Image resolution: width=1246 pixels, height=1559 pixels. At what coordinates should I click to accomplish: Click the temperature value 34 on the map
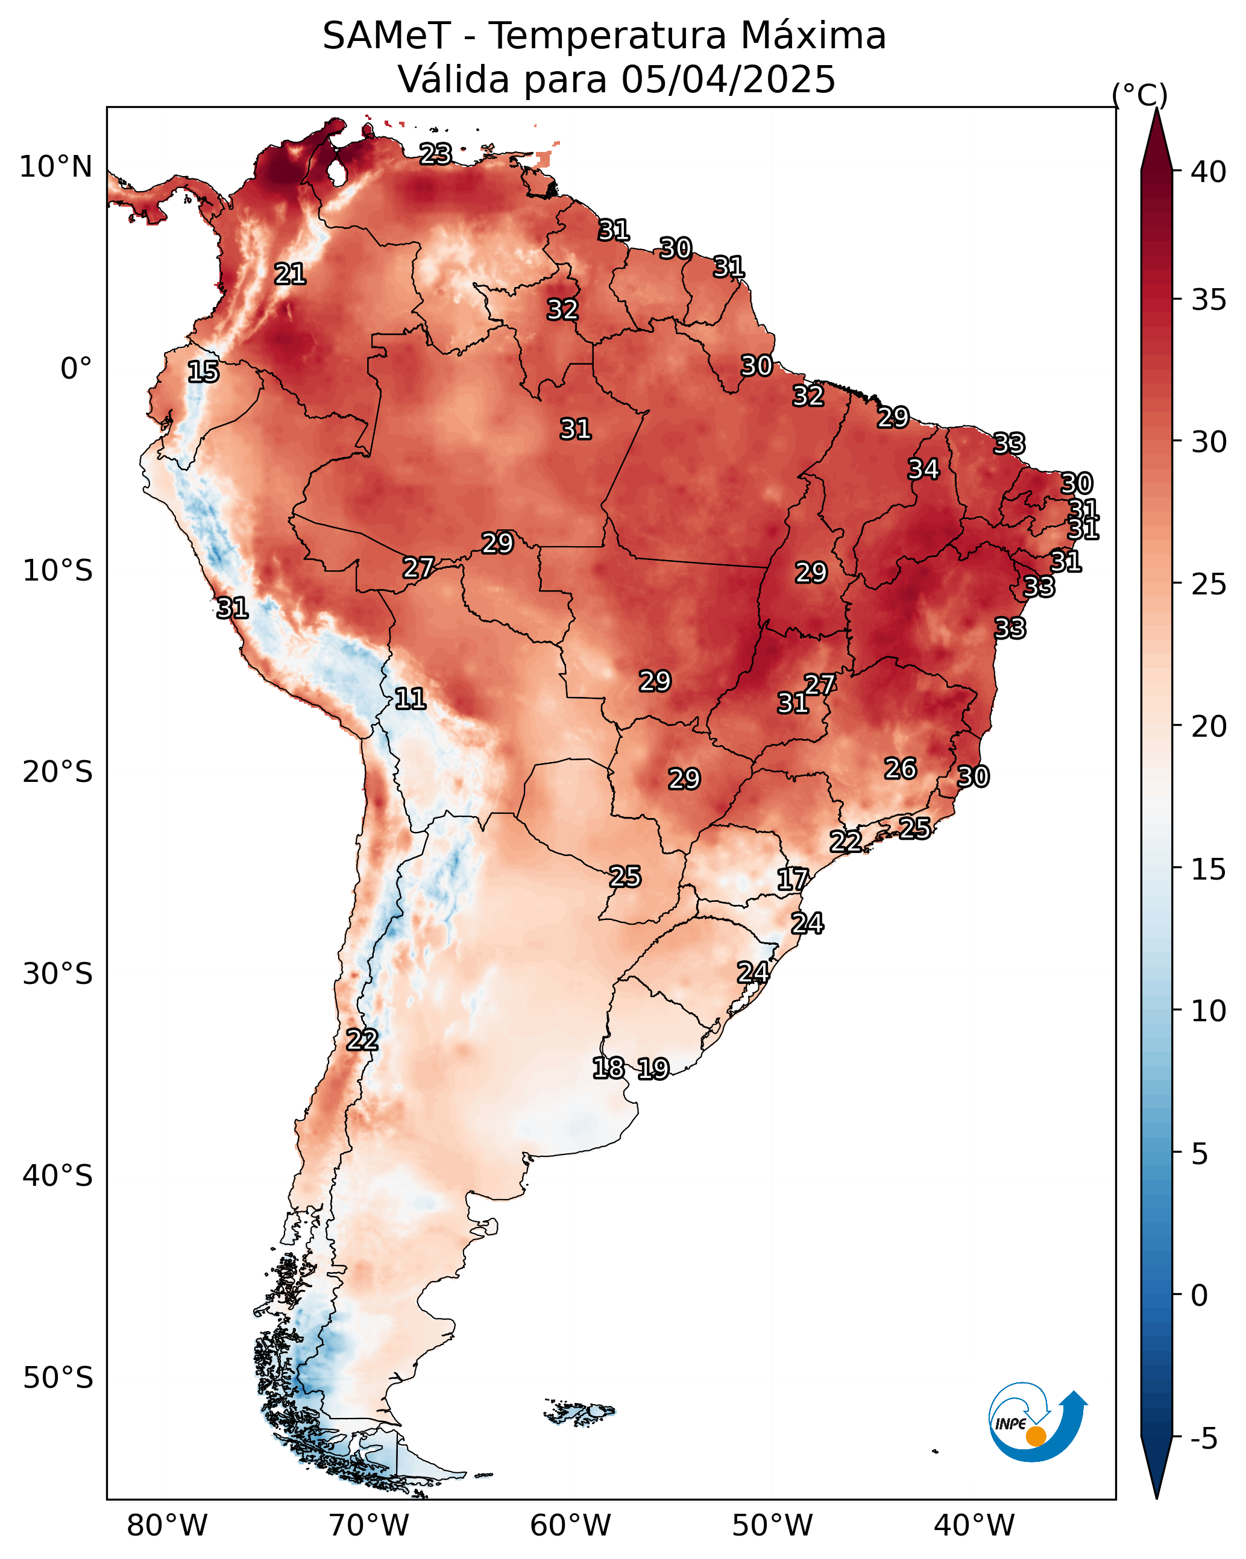click(923, 469)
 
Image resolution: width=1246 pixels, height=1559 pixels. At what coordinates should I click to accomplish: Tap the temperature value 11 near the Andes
click(410, 699)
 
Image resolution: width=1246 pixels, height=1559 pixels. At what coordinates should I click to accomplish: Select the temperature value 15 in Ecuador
click(203, 372)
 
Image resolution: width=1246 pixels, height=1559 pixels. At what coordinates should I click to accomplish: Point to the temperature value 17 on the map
click(793, 880)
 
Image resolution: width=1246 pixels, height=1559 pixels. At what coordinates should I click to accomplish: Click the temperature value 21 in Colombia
click(290, 274)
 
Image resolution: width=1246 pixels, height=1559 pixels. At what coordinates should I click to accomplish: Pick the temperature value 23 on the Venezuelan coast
click(436, 153)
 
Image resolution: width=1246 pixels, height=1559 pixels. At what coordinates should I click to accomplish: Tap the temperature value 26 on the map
click(901, 769)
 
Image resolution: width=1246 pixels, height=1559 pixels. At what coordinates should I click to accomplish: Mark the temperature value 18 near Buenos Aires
click(608, 1068)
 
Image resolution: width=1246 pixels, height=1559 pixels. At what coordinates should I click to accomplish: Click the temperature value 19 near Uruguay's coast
click(653, 1069)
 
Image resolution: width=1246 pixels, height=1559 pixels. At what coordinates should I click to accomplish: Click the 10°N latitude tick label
click(55, 167)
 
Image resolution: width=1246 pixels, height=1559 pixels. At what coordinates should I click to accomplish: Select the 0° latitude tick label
click(76, 369)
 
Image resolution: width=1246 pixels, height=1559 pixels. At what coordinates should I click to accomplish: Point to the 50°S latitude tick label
click(58, 1378)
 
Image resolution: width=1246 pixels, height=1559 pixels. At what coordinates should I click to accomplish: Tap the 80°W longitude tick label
click(167, 1526)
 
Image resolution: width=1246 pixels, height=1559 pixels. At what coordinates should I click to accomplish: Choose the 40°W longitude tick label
click(974, 1526)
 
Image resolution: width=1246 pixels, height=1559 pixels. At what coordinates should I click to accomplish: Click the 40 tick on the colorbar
click(1209, 172)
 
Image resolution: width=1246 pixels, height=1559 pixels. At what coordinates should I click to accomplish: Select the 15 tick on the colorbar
click(1209, 869)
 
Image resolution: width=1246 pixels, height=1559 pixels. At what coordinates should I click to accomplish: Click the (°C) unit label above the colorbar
click(1140, 95)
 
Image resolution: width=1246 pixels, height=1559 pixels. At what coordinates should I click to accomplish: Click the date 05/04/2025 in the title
click(728, 80)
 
